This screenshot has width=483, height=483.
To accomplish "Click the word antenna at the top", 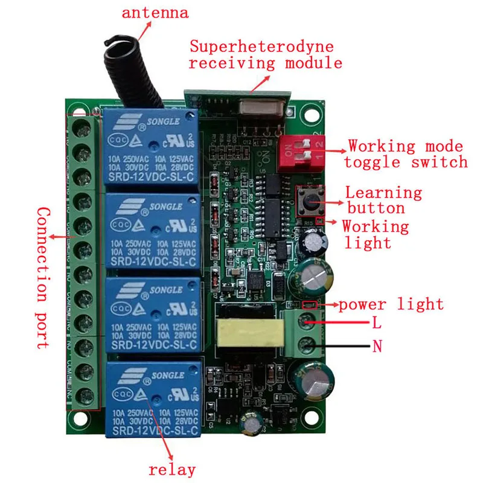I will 156,12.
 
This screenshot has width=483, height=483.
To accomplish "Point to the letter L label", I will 376,323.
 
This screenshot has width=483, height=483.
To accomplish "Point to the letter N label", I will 377,347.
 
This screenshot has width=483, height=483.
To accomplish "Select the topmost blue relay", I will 152,149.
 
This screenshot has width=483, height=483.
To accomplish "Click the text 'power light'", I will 391,304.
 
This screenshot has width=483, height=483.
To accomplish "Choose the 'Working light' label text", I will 376,235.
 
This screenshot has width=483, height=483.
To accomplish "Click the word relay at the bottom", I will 172,470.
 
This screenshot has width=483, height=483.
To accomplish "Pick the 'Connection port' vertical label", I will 42,278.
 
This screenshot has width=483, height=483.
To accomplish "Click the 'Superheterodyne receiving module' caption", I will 266,55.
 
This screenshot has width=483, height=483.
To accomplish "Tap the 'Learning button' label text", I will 383,200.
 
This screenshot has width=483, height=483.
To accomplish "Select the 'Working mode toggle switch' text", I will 405,154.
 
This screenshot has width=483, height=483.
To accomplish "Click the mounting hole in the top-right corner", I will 312,113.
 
